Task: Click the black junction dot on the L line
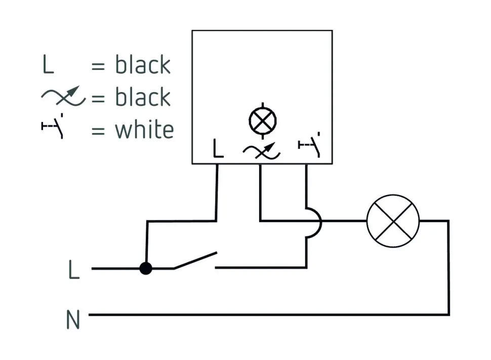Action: pos(146,268)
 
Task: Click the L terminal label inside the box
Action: pos(218,148)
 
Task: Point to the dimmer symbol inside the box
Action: pos(260,150)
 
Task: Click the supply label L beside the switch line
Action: pos(74,270)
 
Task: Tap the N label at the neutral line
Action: pos(73,319)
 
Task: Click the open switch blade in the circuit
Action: pos(195,260)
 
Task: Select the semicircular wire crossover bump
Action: pos(315,221)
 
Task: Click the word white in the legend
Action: pos(144,130)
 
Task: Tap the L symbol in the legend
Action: pos(48,65)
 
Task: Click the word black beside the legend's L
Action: pos(143,65)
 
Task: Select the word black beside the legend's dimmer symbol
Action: pos(143,97)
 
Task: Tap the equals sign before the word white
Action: pos(98,131)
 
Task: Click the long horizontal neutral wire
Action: pos(268,314)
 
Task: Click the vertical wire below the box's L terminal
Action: pos(217,192)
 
